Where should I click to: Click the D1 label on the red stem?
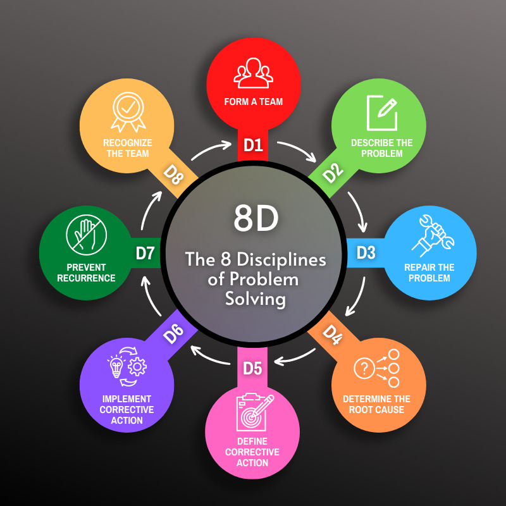pos(253,145)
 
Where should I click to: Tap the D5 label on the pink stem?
pos(252,369)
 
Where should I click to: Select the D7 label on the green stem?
pos(145,254)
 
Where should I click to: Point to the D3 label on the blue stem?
pos(366,252)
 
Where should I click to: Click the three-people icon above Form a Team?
pos(254,73)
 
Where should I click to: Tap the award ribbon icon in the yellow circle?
pos(128,112)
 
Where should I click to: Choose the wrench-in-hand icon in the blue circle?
pos(433,236)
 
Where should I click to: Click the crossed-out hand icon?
pos(86,235)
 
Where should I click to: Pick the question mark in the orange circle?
pos(364,368)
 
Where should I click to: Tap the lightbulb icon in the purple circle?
pos(116,366)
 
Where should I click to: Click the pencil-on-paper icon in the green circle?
pos(382,113)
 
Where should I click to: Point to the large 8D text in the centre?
pos(256,218)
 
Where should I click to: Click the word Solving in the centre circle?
pos(256,299)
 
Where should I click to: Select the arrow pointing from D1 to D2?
pos(297,150)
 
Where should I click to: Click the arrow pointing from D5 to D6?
pos(210,356)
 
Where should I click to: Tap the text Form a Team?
pos(254,102)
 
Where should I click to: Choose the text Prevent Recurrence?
pos(86,273)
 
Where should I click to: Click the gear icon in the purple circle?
pos(137,367)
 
